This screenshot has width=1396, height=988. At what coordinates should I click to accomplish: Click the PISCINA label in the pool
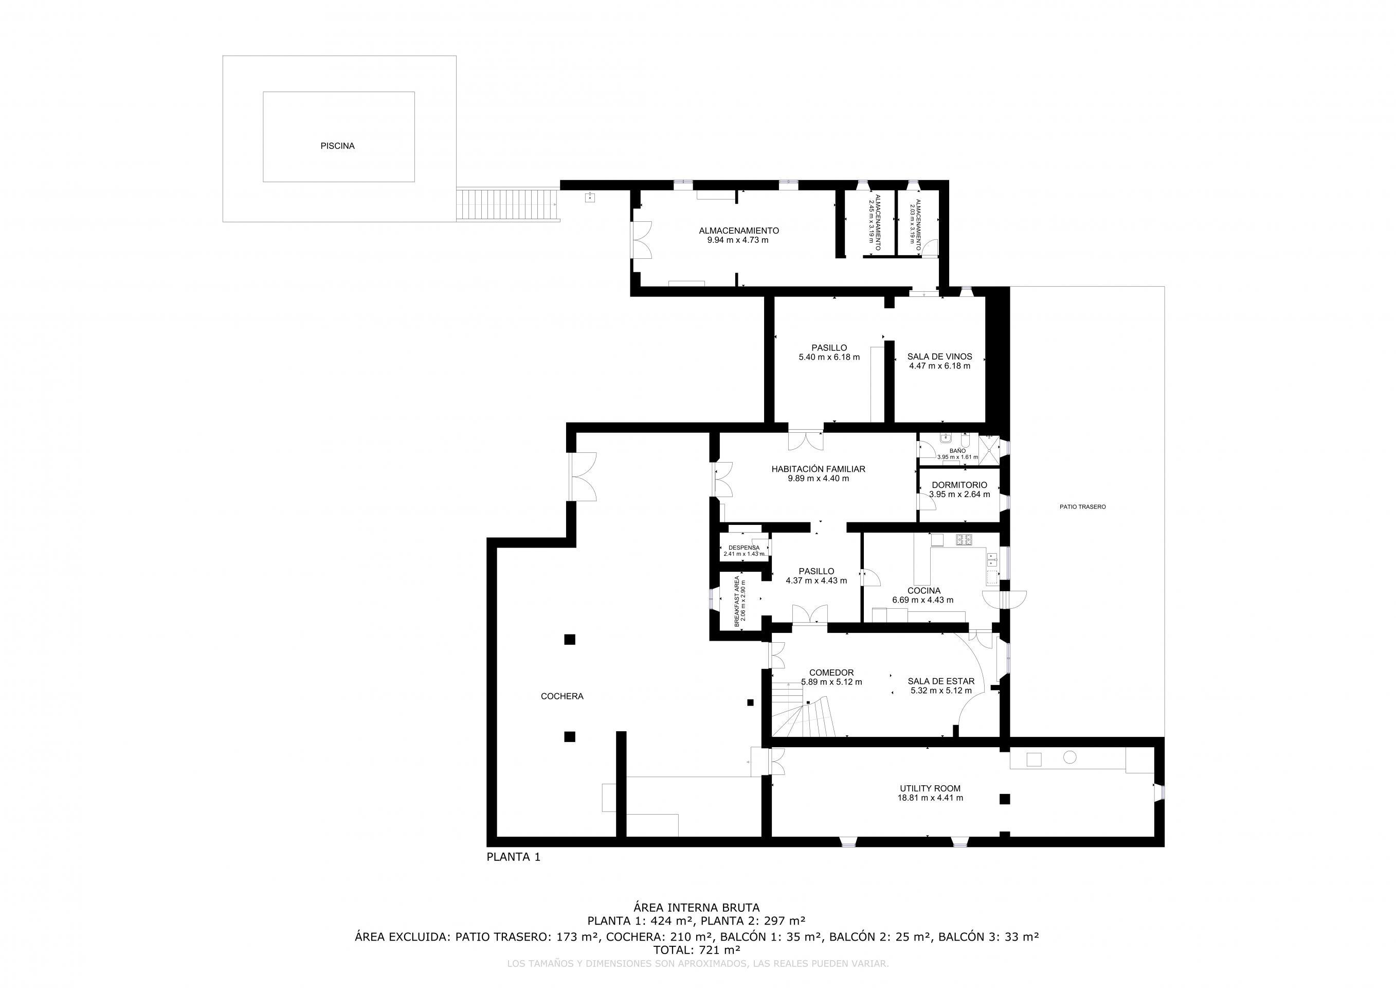pos(337,146)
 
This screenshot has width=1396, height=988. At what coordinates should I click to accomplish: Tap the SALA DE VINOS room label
pos(939,357)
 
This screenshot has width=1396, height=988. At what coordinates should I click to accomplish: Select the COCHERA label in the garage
pos(562,696)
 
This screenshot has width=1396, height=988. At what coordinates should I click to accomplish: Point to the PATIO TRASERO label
pos(1082,507)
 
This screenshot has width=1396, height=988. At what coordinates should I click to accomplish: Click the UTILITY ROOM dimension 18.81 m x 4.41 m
pos(930,798)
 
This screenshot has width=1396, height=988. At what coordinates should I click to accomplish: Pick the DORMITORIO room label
pos(959,485)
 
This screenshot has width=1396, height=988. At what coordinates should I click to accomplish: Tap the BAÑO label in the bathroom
pos(957,451)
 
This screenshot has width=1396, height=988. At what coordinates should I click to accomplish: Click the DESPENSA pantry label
pos(744,548)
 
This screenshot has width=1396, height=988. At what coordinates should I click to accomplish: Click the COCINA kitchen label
pos(923,591)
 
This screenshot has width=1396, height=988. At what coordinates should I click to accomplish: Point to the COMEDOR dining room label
pos(831,672)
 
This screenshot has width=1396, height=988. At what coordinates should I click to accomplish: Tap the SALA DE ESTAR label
pos(940,681)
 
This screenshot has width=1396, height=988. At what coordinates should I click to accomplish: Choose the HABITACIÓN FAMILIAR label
pos(818,469)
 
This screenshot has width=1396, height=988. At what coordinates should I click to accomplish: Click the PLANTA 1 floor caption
pos(513,857)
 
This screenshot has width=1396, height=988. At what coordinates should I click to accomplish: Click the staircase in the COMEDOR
pos(803,712)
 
